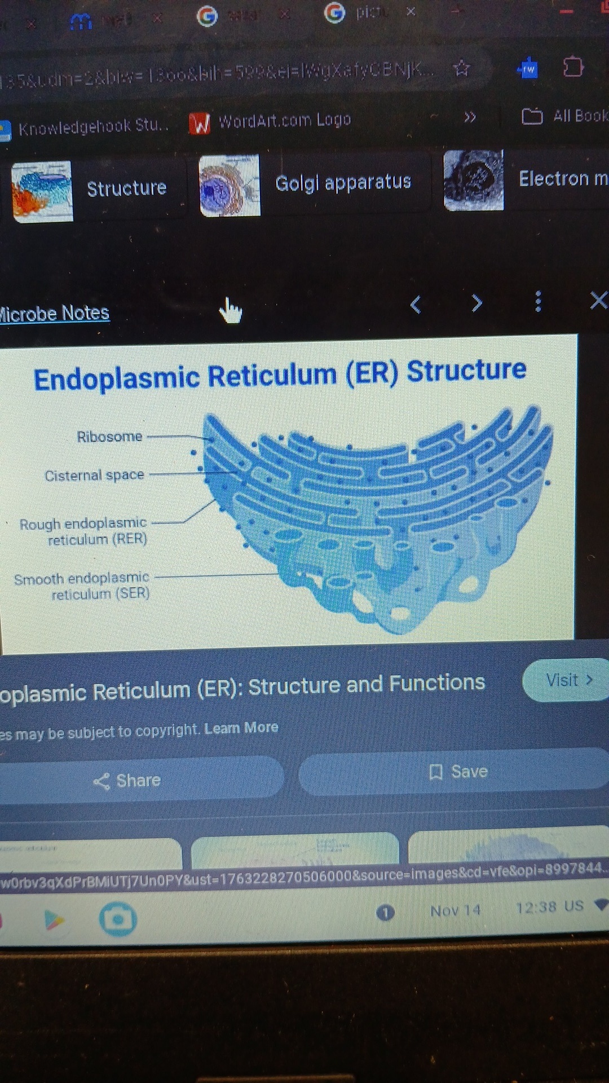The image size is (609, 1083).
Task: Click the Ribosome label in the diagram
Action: (x=109, y=437)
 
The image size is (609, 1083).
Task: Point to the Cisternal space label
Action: (x=94, y=476)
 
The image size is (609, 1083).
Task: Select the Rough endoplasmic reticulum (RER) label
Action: (x=84, y=531)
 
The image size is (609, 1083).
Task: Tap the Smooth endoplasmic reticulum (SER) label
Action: (x=82, y=586)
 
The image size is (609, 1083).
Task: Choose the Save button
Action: (x=458, y=771)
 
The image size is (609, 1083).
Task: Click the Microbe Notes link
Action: (x=54, y=313)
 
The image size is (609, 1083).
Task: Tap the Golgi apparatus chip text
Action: (x=343, y=182)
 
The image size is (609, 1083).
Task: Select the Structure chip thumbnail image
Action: (x=42, y=191)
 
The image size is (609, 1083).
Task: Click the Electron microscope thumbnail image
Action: (x=474, y=180)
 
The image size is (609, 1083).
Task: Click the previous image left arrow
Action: (x=416, y=305)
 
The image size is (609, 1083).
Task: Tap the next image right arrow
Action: (x=477, y=303)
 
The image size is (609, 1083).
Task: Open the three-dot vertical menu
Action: (x=538, y=301)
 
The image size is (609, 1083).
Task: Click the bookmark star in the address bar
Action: (x=461, y=69)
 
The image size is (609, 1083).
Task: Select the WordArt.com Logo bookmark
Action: (x=271, y=121)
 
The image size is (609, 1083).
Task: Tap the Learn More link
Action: (x=241, y=728)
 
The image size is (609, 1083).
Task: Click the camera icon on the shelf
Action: (x=118, y=919)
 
